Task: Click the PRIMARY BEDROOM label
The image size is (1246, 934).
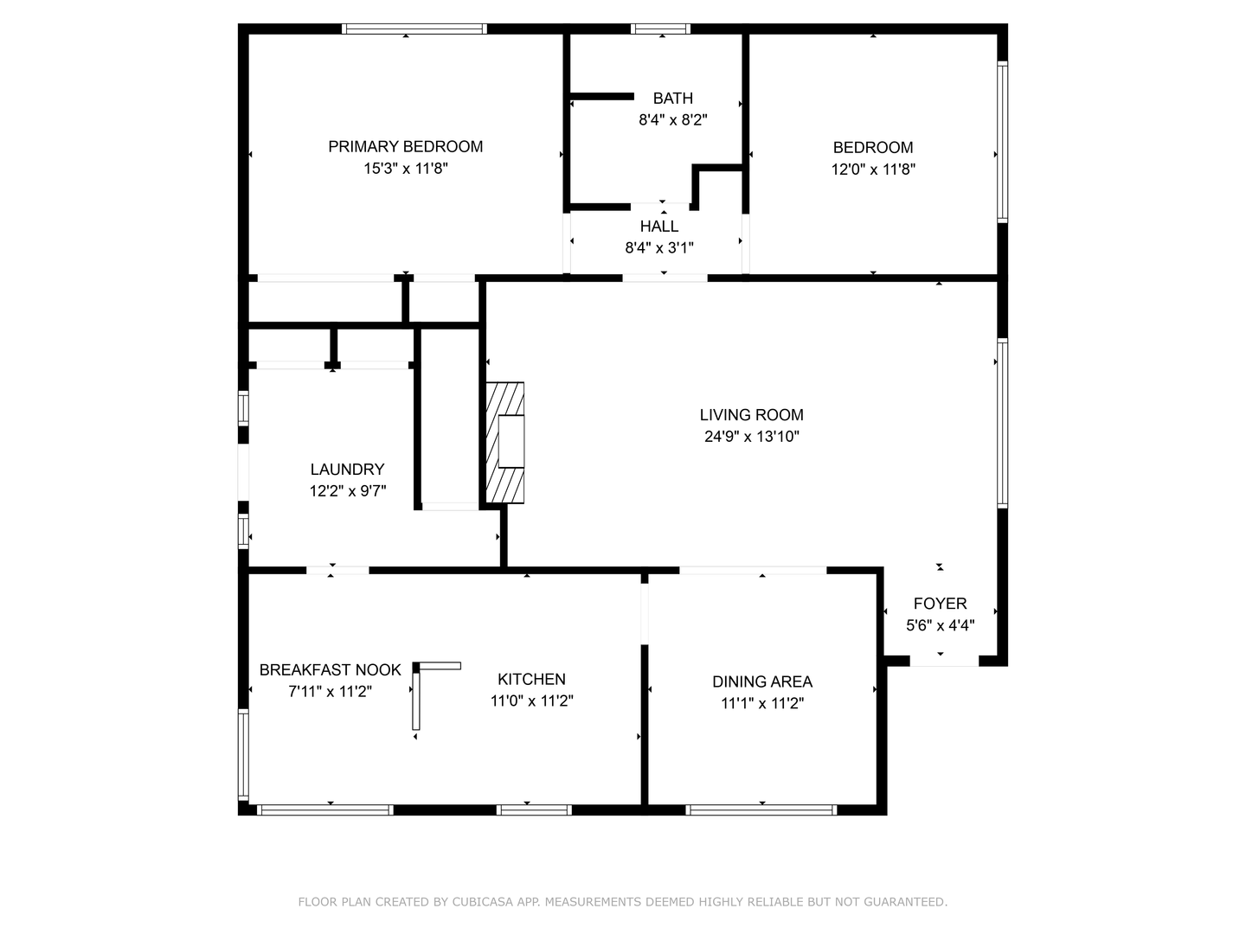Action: (x=405, y=146)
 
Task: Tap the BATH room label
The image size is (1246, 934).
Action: (x=672, y=99)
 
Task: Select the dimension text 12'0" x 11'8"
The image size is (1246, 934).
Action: (x=873, y=170)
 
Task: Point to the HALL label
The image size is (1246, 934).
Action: (x=659, y=227)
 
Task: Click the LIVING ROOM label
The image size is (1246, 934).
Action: (x=751, y=415)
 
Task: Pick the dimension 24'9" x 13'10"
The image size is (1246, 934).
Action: (x=751, y=437)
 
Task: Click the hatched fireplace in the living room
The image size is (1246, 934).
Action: (x=505, y=442)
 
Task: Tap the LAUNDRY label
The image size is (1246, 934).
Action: (x=347, y=470)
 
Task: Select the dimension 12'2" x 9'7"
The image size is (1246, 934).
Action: (x=347, y=491)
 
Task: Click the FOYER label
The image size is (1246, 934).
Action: (x=940, y=604)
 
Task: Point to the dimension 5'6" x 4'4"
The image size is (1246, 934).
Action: (x=940, y=625)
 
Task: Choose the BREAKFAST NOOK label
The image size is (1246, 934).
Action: (x=330, y=670)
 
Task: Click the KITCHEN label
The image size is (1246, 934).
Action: (x=531, y=680)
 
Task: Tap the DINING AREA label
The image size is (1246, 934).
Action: (x=761, y=681)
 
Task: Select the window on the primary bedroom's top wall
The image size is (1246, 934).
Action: (x=414, y=29)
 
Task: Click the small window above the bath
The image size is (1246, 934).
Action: (x=661, y=29)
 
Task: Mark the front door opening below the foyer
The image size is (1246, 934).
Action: (x=944, y=662)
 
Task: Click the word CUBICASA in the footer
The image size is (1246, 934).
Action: (x=481, y=902)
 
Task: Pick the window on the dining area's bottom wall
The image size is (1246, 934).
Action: (x=761, y=810)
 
